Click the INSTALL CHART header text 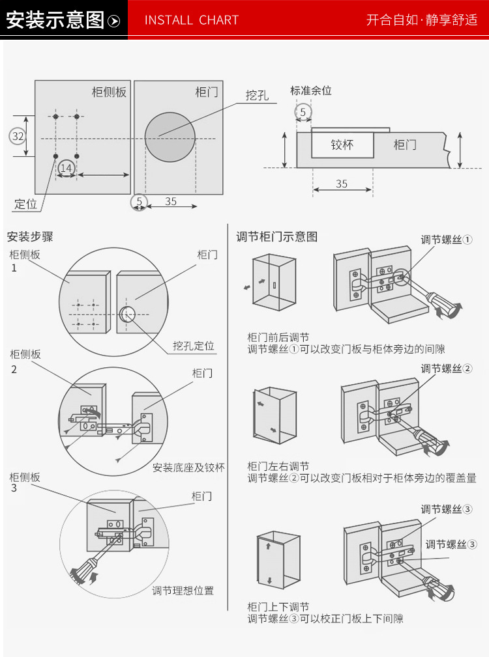(191, 20)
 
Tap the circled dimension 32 (18, 136)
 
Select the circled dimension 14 (66, 168)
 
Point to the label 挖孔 (257, 95)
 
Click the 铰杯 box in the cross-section (342, 145)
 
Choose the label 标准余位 (311, 91)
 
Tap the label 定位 (26, 204)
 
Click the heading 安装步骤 (30, 237)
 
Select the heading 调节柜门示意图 (276, 237)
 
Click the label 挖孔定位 (194, 346)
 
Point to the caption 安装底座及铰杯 (188, 468)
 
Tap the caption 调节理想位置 (183, 591)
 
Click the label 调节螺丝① (447, 240)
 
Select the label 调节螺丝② (447, 369)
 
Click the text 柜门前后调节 (278, 337)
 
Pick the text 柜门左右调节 (278, 466)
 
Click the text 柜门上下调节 (278, 606)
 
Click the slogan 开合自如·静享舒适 (422, 20)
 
